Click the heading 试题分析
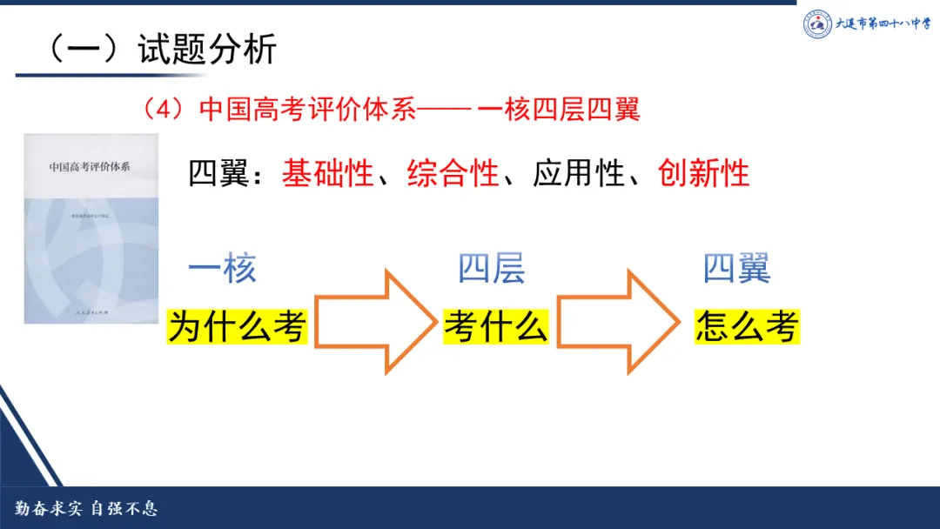tap(207, 50)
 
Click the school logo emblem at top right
tap(817, 24)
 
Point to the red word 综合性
tap(453, 173)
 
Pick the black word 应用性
tap(579, 173)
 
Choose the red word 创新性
tap(704, 173)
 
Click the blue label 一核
tap(222, 269)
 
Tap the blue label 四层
tap(492, 269)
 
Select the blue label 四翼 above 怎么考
tap(736, 269)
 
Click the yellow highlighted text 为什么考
tap(238, 327)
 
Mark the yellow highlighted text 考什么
tap(495, 327)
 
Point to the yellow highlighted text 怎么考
tap(747, 327)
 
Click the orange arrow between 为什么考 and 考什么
tap(375, 323)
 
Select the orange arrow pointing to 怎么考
tap(619, 323)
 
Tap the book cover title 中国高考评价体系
tap(90, 165)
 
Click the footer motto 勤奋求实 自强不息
tap(85, 509)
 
